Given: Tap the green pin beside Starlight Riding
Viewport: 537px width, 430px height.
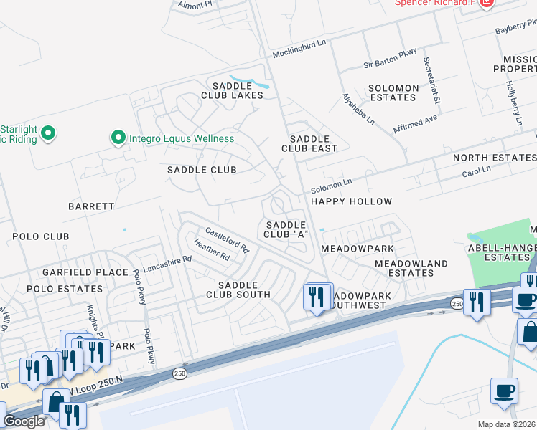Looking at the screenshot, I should pyautogui.click(x=48, y=133).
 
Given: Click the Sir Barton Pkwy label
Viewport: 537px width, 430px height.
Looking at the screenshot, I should pyautogui.click(x=389, y=63).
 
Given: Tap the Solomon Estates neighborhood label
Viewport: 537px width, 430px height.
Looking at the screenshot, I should pyautogui.click(x=393, y=92).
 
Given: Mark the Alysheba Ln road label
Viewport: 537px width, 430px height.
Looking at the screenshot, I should pyautogui.click(x=358, y=109).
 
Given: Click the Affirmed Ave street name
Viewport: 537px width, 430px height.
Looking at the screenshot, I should pyautogui.click(x=415, y=123).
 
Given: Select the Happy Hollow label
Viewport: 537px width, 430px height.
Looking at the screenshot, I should pyautogui.click(x=351, y=201).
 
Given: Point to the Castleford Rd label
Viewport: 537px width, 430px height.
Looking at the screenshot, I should pyautogui.click(x=227, y=240).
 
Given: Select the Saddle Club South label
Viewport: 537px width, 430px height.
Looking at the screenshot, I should pyautogui.click(x=238, y=290).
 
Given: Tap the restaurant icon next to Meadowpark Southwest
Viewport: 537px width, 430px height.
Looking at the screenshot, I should pyautogui.click(x=316, y=295).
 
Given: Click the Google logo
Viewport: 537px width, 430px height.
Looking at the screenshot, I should pyautogui.click(x=24, y=422).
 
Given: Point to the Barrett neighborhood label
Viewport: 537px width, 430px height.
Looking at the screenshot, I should pyautogui.click(x=91, y=206).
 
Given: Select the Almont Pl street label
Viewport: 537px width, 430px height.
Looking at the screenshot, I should pyautogui.click(x=195, y=5).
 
